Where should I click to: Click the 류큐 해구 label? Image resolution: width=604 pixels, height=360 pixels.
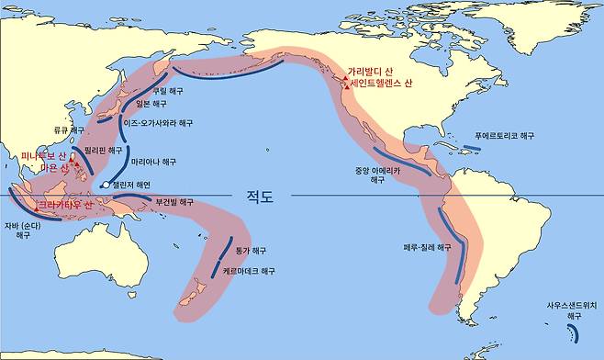coord(64,130)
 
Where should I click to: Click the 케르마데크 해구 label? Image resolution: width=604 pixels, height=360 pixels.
coord(249,272)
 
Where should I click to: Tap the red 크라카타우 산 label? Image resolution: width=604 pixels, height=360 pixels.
coord(63,205)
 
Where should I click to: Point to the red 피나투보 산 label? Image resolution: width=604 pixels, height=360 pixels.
coord(39,156)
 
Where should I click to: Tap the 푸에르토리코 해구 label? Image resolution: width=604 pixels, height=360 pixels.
coord(504,135)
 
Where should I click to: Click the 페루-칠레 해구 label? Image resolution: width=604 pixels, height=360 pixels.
coord(428,248)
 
